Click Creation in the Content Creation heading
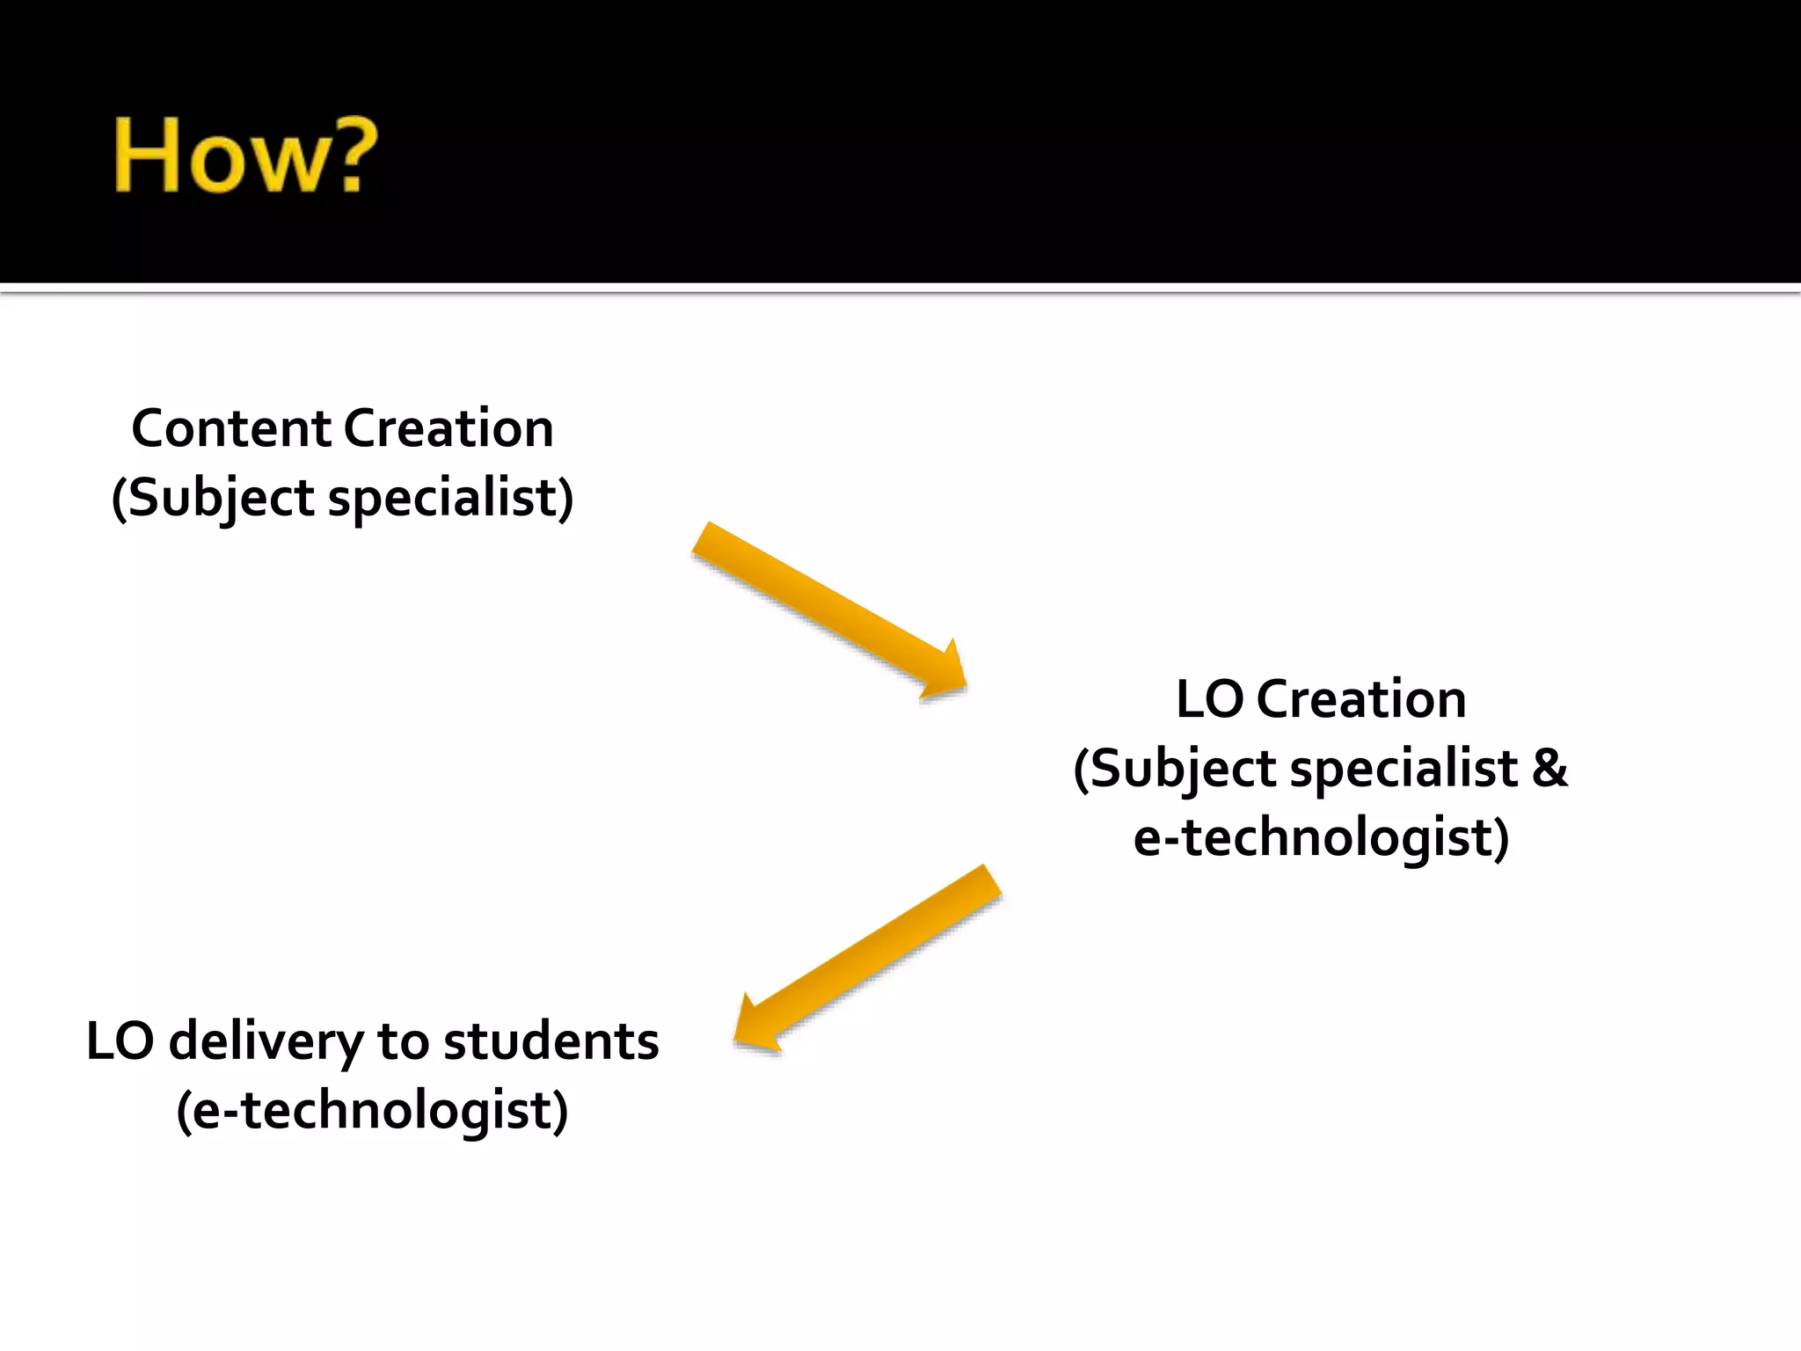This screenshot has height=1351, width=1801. [448, 429]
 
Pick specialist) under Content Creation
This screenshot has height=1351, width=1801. [451, 498]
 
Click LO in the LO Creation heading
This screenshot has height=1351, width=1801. [1209, 700]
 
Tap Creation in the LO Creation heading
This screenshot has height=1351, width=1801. [1361, 700]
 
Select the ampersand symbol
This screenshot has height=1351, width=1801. [1549, 768]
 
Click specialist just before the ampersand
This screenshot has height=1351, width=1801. [1404, 768]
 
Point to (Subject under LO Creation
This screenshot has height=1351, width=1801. [1175, 768]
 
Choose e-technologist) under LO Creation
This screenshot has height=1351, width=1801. [1321, 836]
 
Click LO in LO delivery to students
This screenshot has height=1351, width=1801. [120, 1041]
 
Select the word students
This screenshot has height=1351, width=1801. [551, 1041]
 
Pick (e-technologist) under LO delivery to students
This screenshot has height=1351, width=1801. [372, 1110]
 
